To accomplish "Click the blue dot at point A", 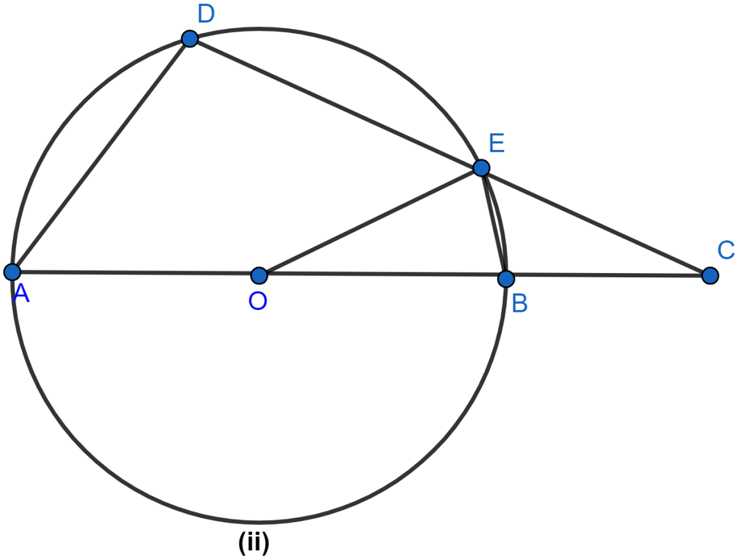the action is [x=12, y=272].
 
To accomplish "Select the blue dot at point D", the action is [x=190, y=39].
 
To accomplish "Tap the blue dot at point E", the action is [x=482, y=168].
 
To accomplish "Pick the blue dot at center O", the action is [x=260, y=276].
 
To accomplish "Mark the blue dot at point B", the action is [x=506, y=279].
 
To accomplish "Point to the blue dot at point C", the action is [x=710, y=276].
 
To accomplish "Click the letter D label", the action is [x=206, y=15].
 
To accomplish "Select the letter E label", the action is [x=497, y=143].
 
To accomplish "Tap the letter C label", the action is [x=726, y=250].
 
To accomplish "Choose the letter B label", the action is [x=520, y=303].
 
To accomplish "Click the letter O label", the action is [x=258, y=301].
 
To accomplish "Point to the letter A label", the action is [x=21, y=293].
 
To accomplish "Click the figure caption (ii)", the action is [x=254, y=544].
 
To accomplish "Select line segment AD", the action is [x=101, y=156].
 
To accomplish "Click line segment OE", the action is [x=370, y=222].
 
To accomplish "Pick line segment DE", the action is [x=336, y=103].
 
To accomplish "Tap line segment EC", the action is [x=596, y=222].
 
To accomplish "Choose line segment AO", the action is [x=136, y=273].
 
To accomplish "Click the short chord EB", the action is [x=494, y=223].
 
